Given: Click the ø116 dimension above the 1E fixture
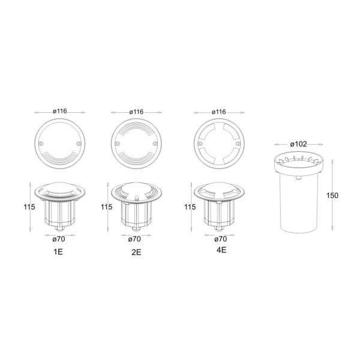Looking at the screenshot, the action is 60,112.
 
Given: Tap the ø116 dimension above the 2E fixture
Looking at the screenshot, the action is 136,112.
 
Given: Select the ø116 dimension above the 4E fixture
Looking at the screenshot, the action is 219,112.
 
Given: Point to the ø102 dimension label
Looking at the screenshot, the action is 298,144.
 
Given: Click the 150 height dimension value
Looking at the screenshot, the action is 332,196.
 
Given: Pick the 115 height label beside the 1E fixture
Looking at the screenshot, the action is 29,207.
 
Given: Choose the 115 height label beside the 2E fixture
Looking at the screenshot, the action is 107,207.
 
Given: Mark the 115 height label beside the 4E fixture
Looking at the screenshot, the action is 190,207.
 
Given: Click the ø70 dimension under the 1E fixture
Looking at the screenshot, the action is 59,239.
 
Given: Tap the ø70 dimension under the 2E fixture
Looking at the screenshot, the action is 134,239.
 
